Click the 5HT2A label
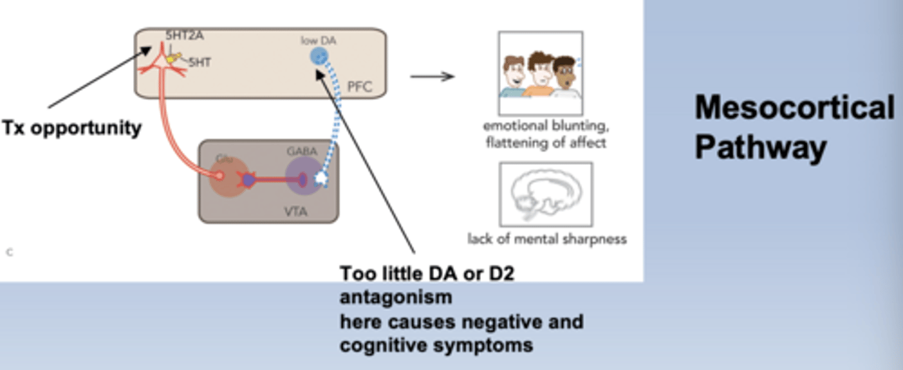coord(184,36)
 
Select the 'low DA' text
coord(319,40)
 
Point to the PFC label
coord(359,86)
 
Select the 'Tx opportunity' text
coord(71,128)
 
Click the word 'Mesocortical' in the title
coord(794,108)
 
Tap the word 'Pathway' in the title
coord(759,148)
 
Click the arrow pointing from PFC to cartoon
coord(432,77)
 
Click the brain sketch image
coord(545,194)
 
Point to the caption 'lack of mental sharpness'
coord(547,239)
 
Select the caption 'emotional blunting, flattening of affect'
coord(545,134)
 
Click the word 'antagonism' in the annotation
coord(396,297)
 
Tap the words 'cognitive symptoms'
coord(436,345)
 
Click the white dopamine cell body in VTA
coord(322,179)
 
